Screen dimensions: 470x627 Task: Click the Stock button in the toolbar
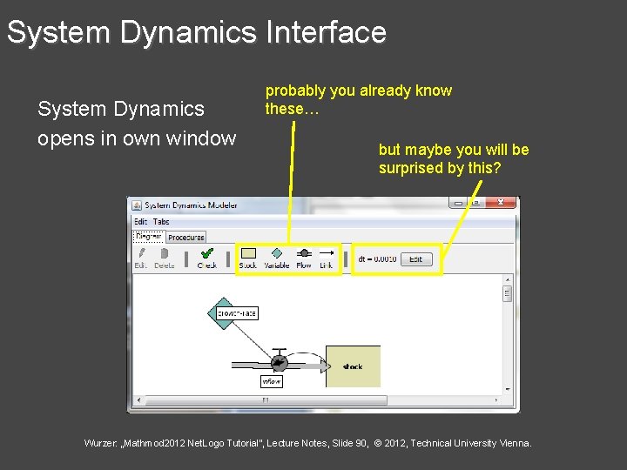pyautogui.click(x=248, y=258)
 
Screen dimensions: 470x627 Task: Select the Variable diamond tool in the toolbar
pyautogui.click(x=276, y=258)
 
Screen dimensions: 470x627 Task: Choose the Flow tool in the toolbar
pyautogui.click(x=304, y=258)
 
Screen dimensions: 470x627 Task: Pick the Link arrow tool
pyautogui.click(x=327, y=258)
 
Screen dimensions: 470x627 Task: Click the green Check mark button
pyautogui.click(x=207, y=258)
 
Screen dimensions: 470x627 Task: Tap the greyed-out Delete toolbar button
pyautogui.click(x=165, y=258)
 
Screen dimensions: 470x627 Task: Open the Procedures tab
pyautogui.click(x=186, y=237)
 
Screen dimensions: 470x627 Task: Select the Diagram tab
pyautogui.click(x=148, y=236)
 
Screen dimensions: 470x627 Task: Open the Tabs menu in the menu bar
pyautogui.click(x=161, y=222)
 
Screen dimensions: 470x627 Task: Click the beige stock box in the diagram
pyautogui.click(x=353, y=366)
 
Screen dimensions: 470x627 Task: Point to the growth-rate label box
pyautogui.click(x=237, y=312)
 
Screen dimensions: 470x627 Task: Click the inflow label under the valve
pyautogui.click(x=272, y=381)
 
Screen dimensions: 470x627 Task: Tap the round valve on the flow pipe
pyautogui.click(x=279, y=361)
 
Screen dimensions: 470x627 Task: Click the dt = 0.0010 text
pyautogui.click(x=377, y=259)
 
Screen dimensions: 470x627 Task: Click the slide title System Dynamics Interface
pyautogui.click(x=196, y=33)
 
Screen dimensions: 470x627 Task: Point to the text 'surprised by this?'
pyautogui.click(x=440, y=168)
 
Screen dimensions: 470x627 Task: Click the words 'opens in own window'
pyautogui.click(x=137, y=138)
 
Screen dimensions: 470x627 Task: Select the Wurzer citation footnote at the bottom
pyautogui.click(x=307, y=443)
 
